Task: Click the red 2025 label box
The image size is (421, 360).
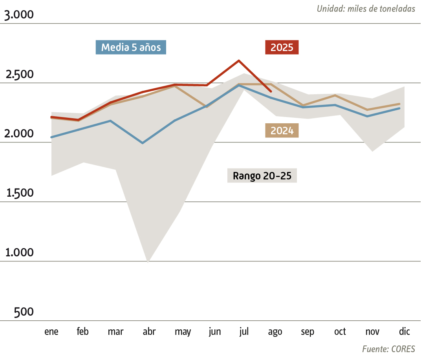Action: [282, 48]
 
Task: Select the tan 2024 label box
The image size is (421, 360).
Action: [282, 130]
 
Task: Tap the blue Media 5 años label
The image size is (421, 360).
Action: [131, 48]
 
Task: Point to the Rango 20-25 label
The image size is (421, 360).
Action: [262, 175]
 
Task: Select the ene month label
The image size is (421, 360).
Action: [51, 332]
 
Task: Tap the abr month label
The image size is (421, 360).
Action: [149, 332]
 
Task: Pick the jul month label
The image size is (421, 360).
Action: [244, 332]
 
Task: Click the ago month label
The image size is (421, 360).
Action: [275, 332]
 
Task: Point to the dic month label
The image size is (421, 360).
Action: [404, 332]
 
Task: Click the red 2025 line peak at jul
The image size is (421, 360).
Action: [239, 60]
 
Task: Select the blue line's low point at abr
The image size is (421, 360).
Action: [143, 143]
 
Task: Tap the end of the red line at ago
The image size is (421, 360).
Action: [271, 91]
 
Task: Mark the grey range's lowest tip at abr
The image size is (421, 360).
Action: [148, 261]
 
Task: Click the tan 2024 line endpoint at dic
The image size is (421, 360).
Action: [399, 104]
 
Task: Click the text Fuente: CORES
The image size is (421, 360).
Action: [388, 349]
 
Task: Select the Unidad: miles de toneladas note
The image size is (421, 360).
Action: [366, 9]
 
